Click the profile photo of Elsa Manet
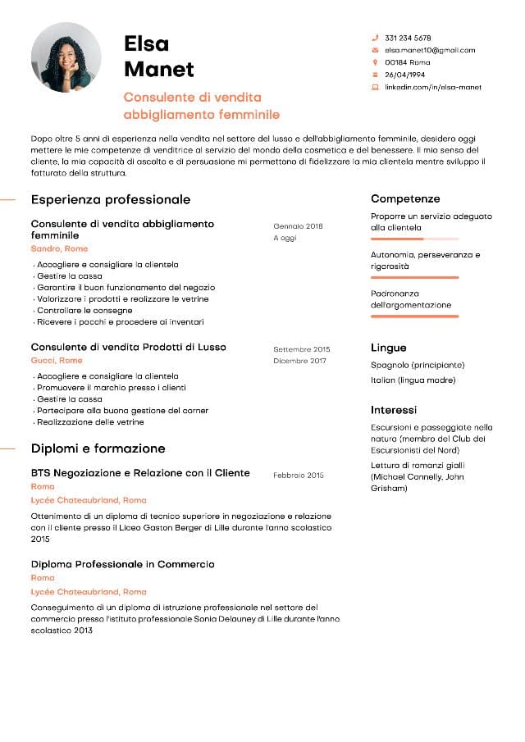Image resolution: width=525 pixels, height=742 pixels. coord(66,57)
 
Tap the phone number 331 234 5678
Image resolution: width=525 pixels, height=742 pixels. coord(408,38)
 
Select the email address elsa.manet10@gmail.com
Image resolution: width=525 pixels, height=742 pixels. coord(430,50)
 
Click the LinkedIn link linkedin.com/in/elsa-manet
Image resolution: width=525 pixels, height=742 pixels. coord(433,87)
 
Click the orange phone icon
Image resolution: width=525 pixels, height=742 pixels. coord(375,38)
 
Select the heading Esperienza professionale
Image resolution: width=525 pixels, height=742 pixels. coord(111,199)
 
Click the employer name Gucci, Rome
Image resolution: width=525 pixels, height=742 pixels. coord(57,360)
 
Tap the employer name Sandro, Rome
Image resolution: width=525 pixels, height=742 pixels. coord(59,248)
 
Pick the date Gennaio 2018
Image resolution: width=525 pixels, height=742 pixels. coord(299,225)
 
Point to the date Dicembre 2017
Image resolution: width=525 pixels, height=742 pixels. coord(299,361)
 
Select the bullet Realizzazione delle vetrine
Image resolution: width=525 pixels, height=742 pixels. coord(90,422)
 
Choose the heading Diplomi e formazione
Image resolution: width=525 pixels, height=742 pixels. coord(98,448)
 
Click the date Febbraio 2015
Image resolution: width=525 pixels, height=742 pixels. coord(299,475)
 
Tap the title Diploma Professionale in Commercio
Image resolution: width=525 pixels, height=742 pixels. coord(123,564)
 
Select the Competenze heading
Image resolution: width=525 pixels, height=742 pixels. coord(405,198)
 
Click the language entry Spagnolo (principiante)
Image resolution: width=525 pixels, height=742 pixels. coord(418,365)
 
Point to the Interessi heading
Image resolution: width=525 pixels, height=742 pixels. coord(394,409)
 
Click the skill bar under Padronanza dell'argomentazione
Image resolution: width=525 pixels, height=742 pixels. coord(414,316)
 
